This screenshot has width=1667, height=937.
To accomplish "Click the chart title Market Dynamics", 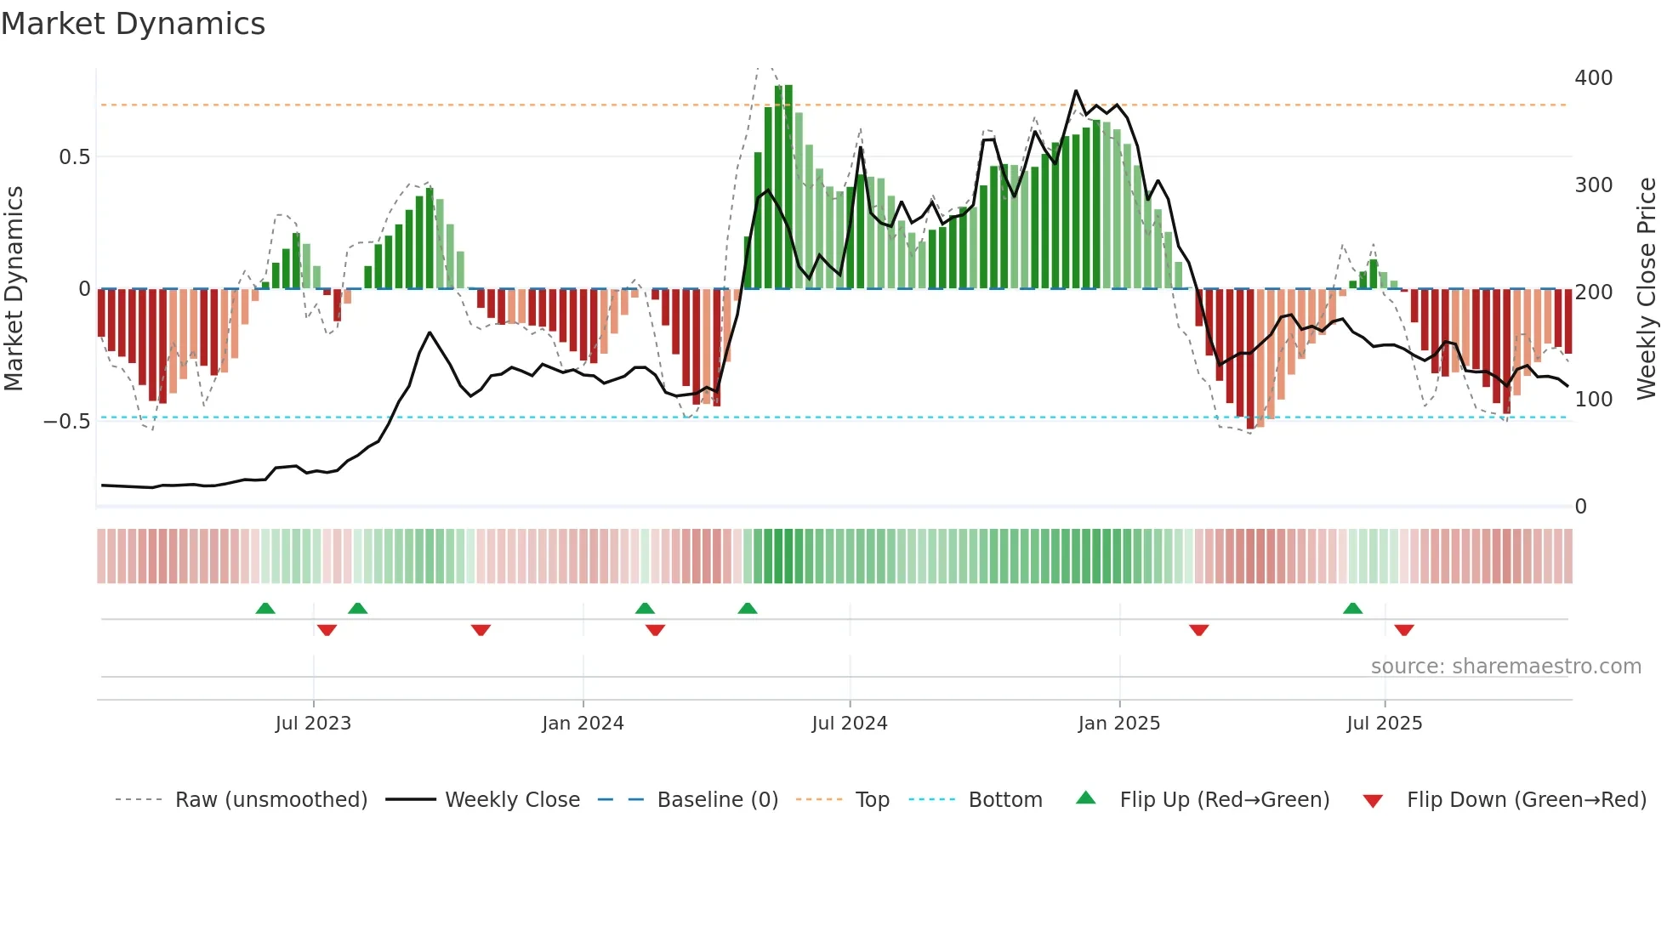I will pos(133,24).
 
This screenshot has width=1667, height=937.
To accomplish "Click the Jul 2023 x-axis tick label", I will pos(313,724).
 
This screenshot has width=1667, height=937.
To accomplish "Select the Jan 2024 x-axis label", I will pos(583,724).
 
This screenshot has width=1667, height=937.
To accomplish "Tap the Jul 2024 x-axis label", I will pos(849,724).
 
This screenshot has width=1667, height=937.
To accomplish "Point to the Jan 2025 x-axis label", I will pos(1118,724).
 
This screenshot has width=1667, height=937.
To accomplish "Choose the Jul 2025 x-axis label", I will pos(1384,724).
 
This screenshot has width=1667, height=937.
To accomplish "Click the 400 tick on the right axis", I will pos(1593,78).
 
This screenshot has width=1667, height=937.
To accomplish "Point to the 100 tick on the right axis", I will pos(1593,400).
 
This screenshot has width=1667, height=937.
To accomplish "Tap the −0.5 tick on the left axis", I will pos(66,422).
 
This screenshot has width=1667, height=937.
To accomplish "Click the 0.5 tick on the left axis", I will pos(74,157).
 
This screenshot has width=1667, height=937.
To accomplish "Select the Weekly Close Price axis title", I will pos(1647,288).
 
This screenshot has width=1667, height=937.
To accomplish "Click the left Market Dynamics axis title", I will pos(14,288).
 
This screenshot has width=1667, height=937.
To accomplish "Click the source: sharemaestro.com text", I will pos(1505,667).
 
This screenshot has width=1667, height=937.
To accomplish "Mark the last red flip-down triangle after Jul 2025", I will pos(1403,630).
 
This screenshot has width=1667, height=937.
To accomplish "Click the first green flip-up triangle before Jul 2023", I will pos(265,608).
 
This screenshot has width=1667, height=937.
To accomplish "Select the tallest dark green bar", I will pos(788,187).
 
